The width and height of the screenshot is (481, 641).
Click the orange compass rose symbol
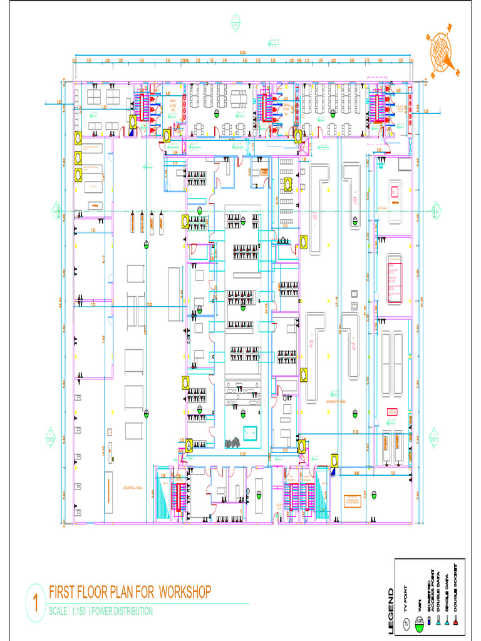(x=446, y=49)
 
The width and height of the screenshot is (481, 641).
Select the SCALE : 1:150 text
(x=67, y=612)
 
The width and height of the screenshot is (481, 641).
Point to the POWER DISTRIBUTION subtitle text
(x=122, y=612)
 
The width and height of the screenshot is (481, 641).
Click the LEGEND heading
(x=391, y=611)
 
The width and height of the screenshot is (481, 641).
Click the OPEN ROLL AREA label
(x=133, y=488)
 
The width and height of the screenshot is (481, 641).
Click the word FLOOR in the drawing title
(x=91, y=592)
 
